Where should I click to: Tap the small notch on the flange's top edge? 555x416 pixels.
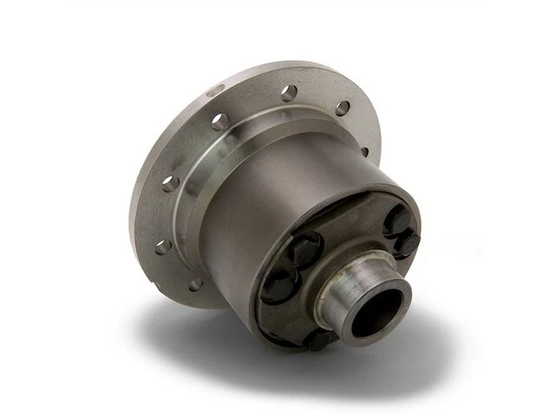pyautogui.click(x=213, y=89)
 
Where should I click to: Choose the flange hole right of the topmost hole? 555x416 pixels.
pyautogui.click(x=343, y=107)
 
